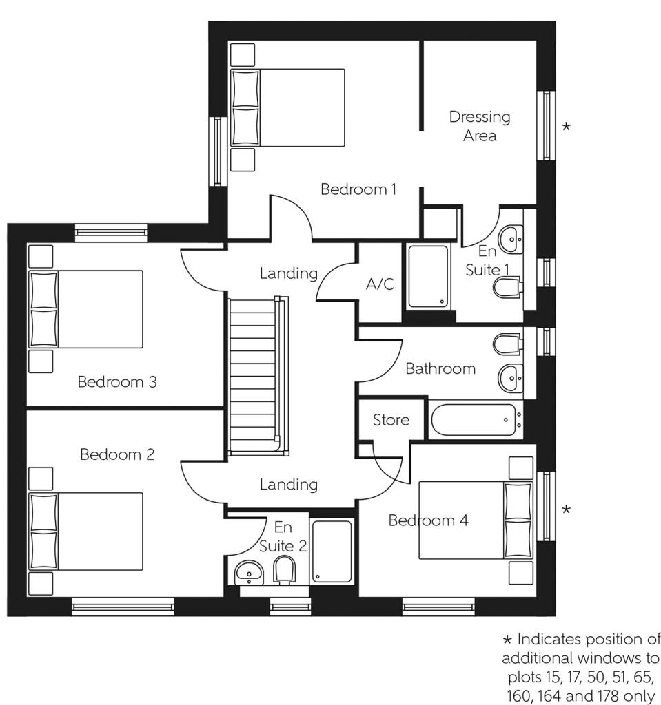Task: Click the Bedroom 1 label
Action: tap(358, 189)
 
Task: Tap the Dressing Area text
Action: tap(480, 126)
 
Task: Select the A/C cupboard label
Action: tap(380, 284)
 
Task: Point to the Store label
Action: tap(391, 420)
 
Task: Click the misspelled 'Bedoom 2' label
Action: tap(117, 454)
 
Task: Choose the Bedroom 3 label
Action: tap(117, 381)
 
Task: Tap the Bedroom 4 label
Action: tap(428, 520)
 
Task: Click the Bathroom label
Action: tap(440, 369)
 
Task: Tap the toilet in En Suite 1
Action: tap(507, 287)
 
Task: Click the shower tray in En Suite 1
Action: tap(428, 275)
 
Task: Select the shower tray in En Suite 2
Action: tap(332, 551)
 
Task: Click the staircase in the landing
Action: tap(254, 375)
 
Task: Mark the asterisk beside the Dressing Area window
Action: tap(566, 127)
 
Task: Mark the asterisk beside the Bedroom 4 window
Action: tap(566, 509)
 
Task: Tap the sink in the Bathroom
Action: tap(511, 376)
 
